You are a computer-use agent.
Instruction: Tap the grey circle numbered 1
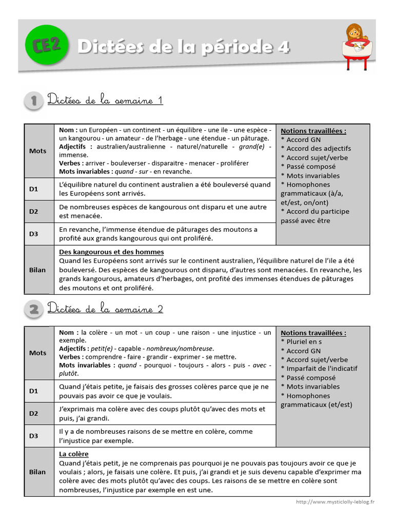[34, 101]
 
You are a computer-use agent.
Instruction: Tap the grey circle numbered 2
[34, 309]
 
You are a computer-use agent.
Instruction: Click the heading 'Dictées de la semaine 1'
[105, 100]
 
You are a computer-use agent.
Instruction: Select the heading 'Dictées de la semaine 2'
[105, 309]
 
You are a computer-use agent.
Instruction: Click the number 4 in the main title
[284, 47]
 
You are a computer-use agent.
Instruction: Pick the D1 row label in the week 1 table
[34, 189]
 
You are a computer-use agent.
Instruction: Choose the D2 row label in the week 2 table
[34, 413]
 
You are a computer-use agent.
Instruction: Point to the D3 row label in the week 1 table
[34, 234]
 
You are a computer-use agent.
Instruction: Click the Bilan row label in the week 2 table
[37, 472]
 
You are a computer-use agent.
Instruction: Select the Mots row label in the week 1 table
[37, 151]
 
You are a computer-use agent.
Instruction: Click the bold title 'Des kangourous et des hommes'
[111, 252]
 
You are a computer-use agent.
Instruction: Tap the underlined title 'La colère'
[74, 454]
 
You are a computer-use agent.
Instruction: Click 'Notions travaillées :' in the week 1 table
[313, 131]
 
